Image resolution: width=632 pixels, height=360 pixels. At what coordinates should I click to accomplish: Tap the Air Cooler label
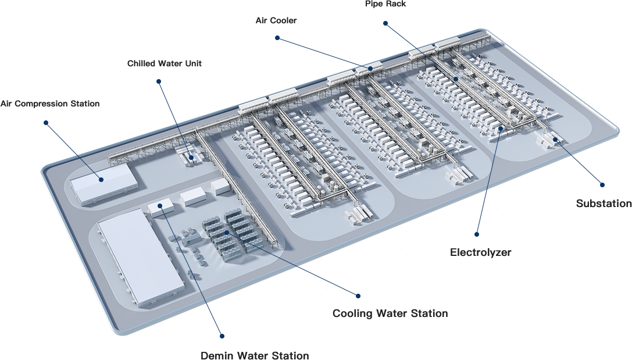[276, 20]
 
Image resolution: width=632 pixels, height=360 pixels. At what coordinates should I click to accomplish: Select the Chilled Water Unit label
[165, 63]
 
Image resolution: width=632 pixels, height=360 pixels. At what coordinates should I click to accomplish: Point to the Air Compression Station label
[50, 104]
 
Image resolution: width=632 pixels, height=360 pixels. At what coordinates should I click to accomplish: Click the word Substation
[604, 204]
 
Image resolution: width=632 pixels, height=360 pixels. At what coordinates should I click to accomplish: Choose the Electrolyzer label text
[481, 252]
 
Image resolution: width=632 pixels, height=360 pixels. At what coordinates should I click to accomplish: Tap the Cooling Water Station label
[390, 314]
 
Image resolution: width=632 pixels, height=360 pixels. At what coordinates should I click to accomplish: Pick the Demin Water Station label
[255, 355]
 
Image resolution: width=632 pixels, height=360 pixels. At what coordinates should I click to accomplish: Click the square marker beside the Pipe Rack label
[385, 24]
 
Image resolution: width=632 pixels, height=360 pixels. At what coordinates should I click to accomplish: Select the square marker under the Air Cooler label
[278, 38]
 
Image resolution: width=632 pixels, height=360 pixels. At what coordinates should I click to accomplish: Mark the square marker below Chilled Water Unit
[159, 81]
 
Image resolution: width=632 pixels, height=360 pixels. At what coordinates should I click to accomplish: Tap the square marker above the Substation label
[602, 185]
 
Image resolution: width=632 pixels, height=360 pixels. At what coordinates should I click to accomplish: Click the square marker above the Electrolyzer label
[477, 234]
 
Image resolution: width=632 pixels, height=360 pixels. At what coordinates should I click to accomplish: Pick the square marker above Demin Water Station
[222, 336]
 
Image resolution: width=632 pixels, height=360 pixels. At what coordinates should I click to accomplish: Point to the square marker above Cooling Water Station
[358, 296]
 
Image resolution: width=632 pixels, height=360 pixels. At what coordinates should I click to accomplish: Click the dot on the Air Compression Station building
[101, 180]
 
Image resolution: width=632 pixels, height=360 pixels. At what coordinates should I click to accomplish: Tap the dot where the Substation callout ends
[555, 140]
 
